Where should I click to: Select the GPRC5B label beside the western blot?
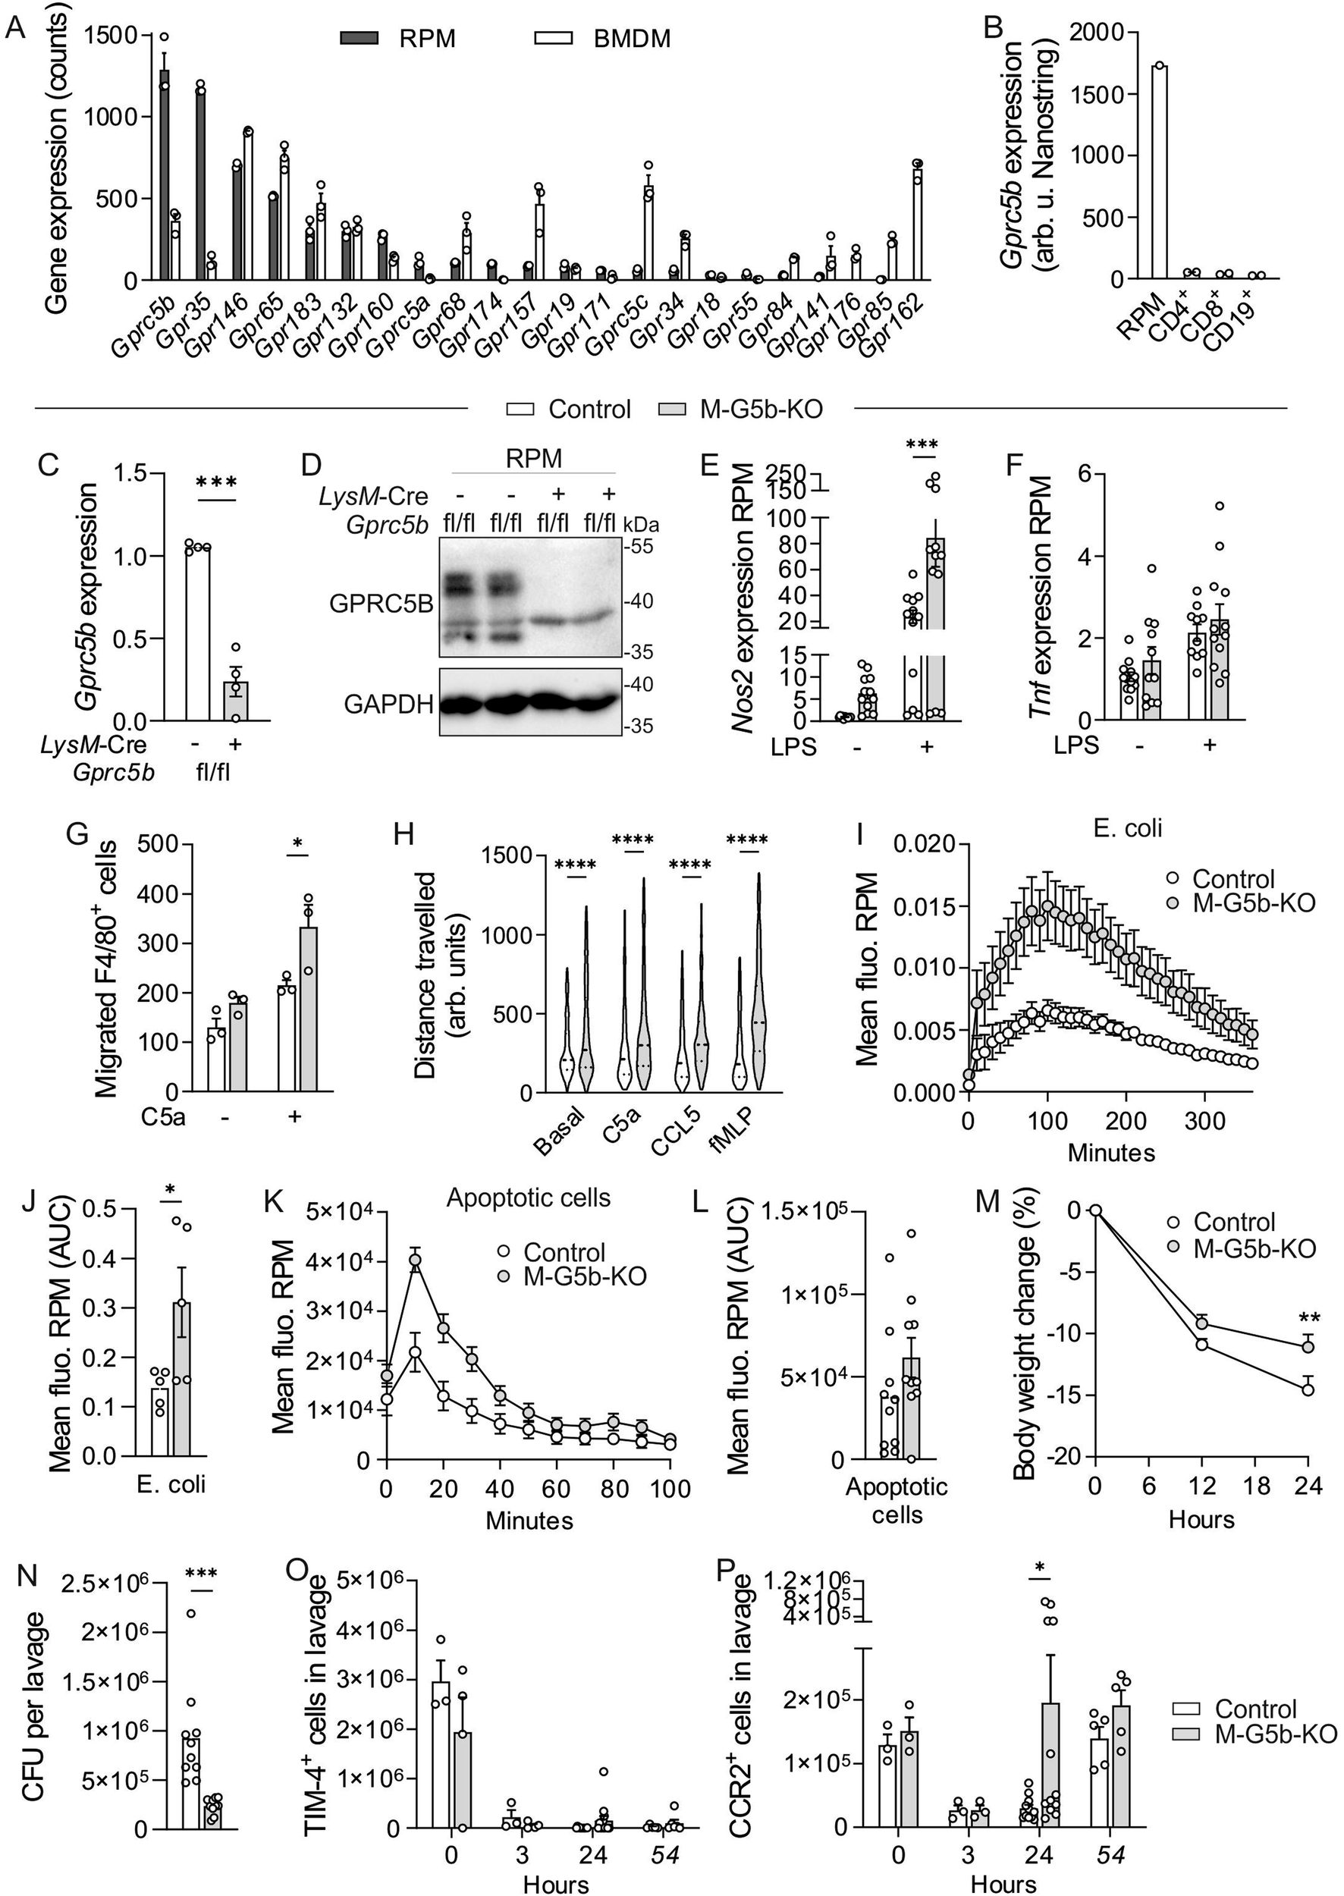click(381, 604)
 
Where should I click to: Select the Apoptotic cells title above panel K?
click(528, 1198)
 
